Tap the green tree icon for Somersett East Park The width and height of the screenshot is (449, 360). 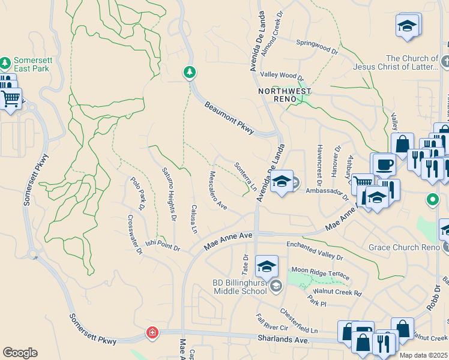[x=5, y=62]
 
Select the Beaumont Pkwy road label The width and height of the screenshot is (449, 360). [x=229, y=117]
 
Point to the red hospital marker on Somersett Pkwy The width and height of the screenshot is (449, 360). [x=153, y=332]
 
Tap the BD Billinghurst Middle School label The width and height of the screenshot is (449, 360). [x=240, y=287]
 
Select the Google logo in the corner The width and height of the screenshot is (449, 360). [x=20, y=353]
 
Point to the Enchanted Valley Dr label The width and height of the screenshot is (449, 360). [x=314, y=250]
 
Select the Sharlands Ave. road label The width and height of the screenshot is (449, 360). [x=284, y=340]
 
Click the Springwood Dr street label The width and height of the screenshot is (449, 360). [x=318, y=47]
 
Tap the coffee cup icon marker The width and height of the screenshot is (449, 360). [x=384, y=164]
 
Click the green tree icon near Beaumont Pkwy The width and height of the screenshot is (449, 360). [x=190, y=73]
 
